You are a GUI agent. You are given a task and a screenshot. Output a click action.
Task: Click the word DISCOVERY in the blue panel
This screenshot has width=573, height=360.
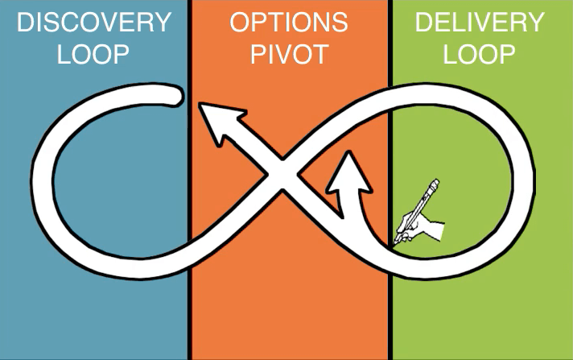(x=94, y=22)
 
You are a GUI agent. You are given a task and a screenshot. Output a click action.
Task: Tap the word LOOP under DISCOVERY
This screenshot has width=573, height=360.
(x=94, y=54)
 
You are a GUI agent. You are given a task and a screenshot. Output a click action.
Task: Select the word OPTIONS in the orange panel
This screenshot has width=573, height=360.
(x=289, y=22)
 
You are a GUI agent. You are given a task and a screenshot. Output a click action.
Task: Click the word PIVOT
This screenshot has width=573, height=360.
(x=289, y=54)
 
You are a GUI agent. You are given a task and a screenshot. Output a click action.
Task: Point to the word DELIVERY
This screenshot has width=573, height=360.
(x=480, y=22)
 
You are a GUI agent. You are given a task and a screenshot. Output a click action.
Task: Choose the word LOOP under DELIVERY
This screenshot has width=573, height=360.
(x=480, y=54)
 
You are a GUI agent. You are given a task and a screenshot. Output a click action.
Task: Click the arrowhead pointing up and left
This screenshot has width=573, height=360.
(x=217, y=122)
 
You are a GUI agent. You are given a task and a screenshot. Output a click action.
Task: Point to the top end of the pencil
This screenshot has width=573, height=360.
(x=435, y=183)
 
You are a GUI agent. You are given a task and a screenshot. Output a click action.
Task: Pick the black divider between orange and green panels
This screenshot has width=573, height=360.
(x=390, y=306)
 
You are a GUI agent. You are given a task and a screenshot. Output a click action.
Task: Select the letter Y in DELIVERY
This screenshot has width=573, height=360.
(x=536, y=22)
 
